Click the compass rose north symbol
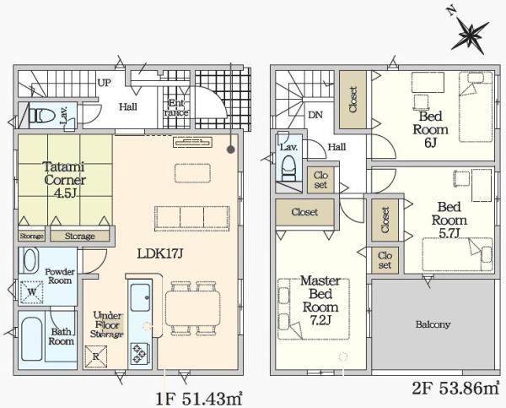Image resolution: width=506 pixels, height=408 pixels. tap(471, 35)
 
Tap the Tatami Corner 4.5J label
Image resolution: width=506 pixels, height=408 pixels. tap(65, 180)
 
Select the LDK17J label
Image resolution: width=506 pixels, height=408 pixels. tap(160, 253)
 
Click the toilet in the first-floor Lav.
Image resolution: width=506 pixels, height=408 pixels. tap(42, 116)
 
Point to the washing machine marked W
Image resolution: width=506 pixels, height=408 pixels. tap(32, 292)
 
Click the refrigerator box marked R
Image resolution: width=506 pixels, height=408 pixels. tap(95, 356)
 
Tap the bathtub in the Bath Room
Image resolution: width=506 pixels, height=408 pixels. tap(32, 339)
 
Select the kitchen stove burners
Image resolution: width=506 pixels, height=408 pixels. tap(140, 353)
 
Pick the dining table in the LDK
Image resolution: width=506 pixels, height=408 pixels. tap(193, 308)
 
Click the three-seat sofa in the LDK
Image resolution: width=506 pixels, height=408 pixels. tap(192, 219)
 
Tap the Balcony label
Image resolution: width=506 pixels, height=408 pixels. tap(433, 324)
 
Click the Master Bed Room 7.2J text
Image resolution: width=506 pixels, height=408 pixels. tap(320, 301)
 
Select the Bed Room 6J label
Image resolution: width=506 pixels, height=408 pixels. tap(430, 129)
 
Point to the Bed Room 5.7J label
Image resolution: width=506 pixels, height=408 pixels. tap(449, 220)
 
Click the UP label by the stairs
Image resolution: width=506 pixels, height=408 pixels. tap(105, 83)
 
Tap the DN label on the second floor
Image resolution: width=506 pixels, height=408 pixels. tap(315, 115)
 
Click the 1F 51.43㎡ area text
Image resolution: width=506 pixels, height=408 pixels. tap(199, 399)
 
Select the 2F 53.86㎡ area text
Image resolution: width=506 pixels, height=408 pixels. tap(455, 388)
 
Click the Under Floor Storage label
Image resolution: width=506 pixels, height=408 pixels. tap(107, 324)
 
